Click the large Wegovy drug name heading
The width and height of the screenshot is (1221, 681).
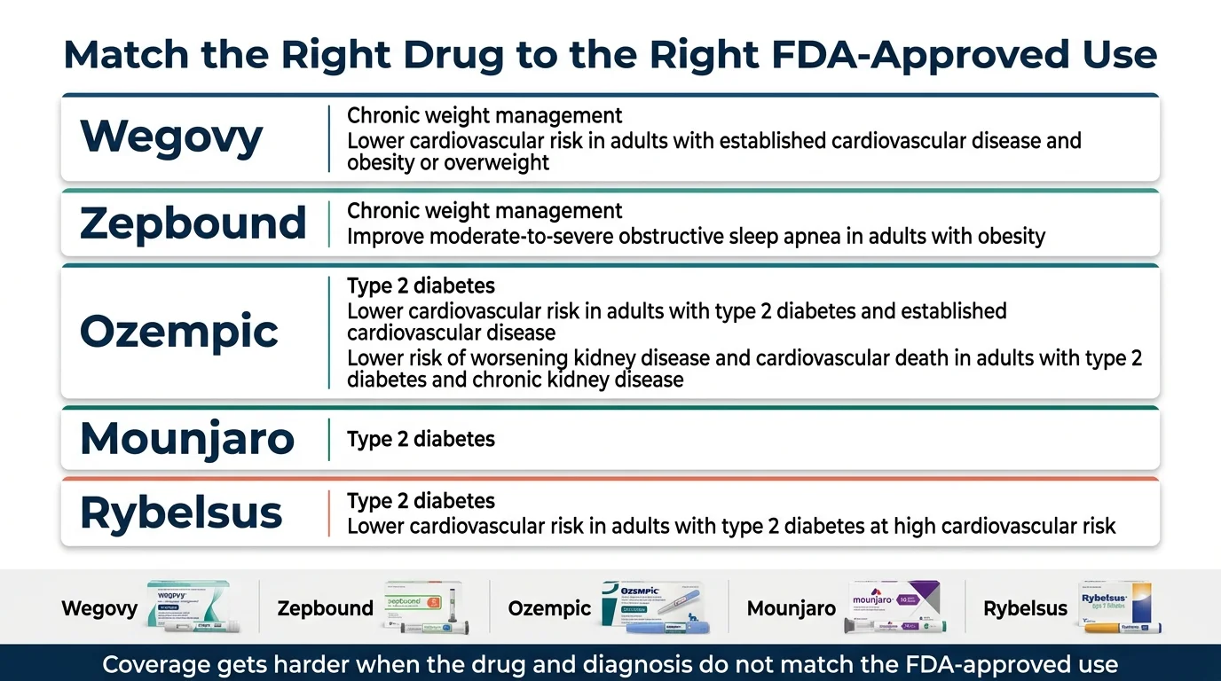(171, 137)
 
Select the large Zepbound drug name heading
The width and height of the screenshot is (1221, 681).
(193, 223)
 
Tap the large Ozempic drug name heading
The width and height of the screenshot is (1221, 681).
(179, 332)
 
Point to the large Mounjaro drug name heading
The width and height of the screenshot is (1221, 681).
(187, 439)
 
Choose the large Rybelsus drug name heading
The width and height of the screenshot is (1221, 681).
(181, 513)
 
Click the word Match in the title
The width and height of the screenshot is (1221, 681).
(125, 55)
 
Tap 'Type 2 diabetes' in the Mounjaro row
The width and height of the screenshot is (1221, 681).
(421, 439)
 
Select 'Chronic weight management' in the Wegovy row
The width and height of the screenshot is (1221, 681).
(484, 116)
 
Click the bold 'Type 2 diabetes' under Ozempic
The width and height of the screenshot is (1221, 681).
(421, 286)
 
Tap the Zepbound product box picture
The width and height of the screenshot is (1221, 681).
(424, 607)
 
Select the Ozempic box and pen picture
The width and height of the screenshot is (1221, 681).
(655, 607)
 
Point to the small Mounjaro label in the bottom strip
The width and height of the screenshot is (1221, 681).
(791, 609)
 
